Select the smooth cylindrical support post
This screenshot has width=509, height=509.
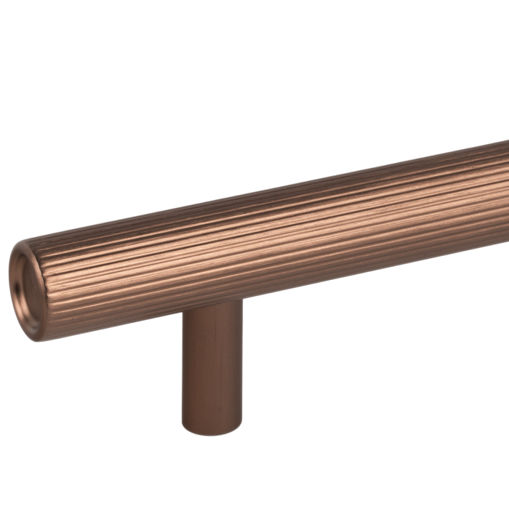pos(211,371)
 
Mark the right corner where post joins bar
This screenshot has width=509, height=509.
pos(241,300)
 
